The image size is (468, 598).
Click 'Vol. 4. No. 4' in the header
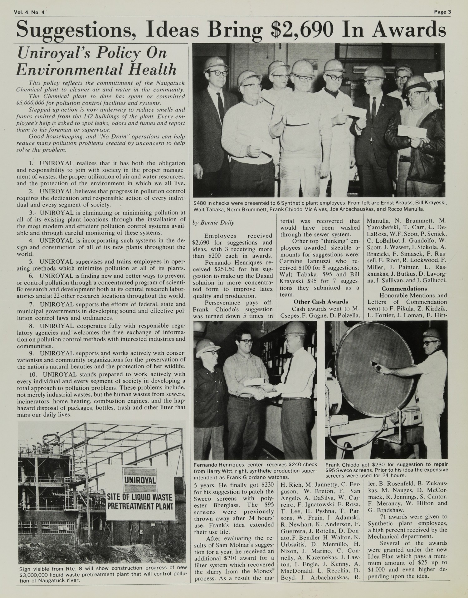pyautogui.click(x=29, y=12)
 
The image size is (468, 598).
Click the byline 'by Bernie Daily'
pyautogui.click(x=214, y=223)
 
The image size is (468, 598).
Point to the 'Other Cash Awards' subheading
pyautogui.click(x=321, y=301)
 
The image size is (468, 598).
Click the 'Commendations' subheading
pyautogui.click(x=404, y=289)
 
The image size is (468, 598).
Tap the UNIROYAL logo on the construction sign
pyautogui.click(x=139, y=479)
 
